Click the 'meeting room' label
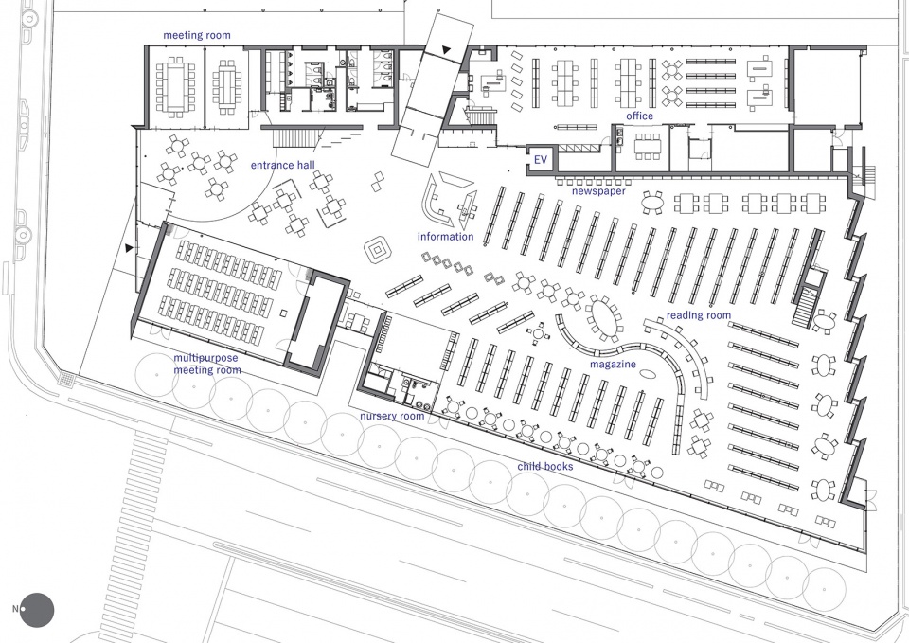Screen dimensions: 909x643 pos(197,35)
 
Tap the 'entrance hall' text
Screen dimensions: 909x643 pos(283,165)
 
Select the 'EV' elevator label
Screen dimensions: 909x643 pos(541,159)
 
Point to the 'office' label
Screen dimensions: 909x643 pos(639,116)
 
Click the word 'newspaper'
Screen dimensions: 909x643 pos(598,191)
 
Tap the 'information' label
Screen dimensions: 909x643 pos(445,237)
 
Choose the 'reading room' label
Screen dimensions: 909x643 pos(699,315)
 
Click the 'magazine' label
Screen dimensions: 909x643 pos(613,365)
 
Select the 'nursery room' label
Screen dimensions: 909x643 pos(392,417)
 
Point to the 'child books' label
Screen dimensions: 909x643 pos(545,466)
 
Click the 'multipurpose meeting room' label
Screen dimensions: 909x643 pos(207,365)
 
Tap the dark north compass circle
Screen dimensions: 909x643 pos(37,610)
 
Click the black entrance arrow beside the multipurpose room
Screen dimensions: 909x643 pos(128,248)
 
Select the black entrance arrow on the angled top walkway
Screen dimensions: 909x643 pos(445,50)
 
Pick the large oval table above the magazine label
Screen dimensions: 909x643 pos(603,318)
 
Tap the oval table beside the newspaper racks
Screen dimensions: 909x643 pos(653,203)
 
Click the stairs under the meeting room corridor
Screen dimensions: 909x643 pos(295,138)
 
